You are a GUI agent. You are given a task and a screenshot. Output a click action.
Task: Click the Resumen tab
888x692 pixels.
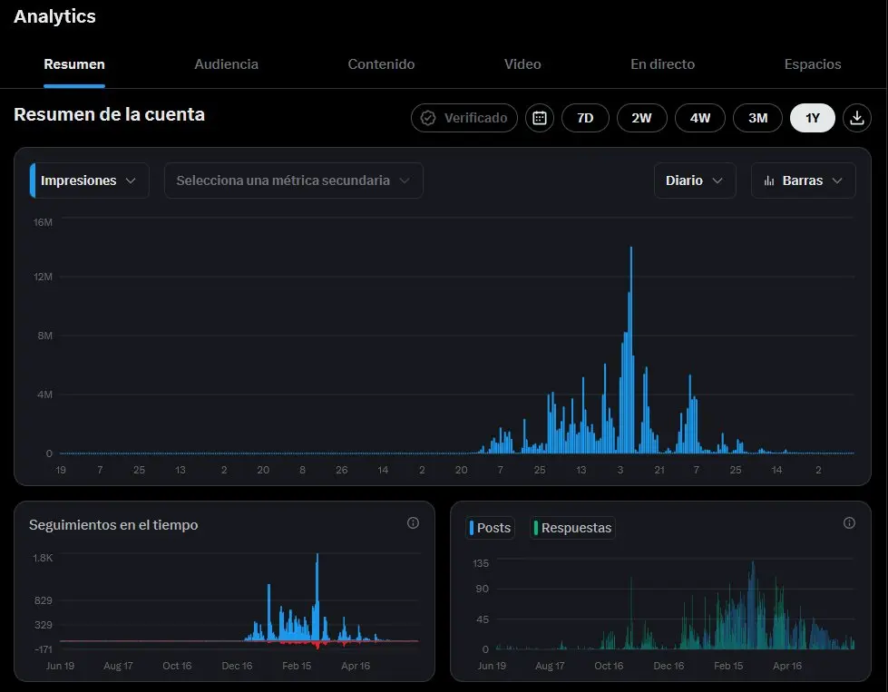coord(74,64)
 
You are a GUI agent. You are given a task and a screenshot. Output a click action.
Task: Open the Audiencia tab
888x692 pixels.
coord(227,64)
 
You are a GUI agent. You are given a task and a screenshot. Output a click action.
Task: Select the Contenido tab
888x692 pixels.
coord(381,64)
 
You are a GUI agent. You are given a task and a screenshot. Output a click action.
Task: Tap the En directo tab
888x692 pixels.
coord(663,64)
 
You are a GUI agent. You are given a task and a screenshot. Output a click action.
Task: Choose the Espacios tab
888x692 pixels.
coord(813,64)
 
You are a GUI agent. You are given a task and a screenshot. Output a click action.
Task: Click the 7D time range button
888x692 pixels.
coord(585,118)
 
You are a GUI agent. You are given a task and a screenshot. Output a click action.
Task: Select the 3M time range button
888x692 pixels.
coord(757,118)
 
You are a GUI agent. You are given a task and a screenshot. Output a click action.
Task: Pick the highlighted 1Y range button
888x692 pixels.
coord(813,118)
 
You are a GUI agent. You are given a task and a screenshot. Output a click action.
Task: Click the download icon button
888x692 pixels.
coord(857,118)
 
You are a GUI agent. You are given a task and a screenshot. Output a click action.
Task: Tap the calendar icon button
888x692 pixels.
coord(540,118)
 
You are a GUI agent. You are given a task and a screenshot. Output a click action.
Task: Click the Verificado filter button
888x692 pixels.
coord(464,118)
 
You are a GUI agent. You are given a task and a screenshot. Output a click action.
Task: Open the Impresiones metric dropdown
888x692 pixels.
coord(90,180)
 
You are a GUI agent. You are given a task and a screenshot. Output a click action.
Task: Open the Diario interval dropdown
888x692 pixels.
coord(695,180)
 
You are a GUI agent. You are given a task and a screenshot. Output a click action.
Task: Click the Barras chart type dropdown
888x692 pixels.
coord(803,180)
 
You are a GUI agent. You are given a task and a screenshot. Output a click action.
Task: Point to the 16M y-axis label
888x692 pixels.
coord(43,222)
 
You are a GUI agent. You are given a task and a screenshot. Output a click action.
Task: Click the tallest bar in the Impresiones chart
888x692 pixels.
coord(631,351)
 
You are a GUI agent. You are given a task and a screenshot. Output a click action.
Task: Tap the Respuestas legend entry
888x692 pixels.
coord(572,528)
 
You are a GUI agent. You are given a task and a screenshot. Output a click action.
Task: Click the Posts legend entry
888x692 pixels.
coord(491,528)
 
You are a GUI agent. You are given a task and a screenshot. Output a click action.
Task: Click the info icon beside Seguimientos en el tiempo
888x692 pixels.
coord(414,522)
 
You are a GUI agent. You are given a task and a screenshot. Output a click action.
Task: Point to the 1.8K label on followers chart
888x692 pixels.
coord(43,558)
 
